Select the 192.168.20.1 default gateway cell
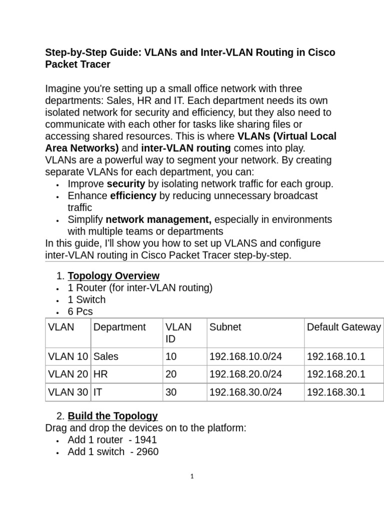[x=336, y=374]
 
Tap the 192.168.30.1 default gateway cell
[x=336, y=392]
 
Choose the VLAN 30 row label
[x=68, y=392]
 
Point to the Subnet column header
[x=225, y=327]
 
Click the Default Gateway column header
[x=343, y=327]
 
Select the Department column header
[x=119, y=327]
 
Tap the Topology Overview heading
[x=113, y=276]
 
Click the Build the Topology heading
[x=112, y=416]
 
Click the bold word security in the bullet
[x=126, y=184]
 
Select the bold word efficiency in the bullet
[x=133, y=196]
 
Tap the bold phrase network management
[x=158, y=220]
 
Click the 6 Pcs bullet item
[x=80, y=312]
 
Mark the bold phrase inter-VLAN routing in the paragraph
[x=186, y=148]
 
